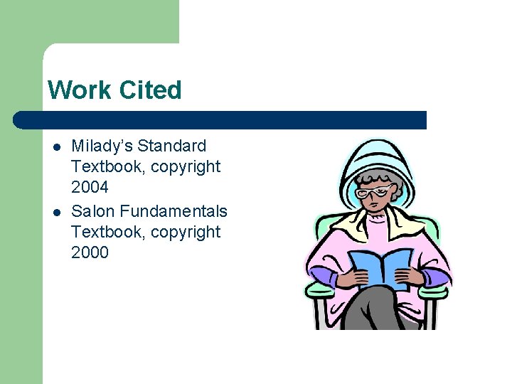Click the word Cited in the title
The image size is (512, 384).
[x=151, y=90]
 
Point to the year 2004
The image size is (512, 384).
[x=90, y=188]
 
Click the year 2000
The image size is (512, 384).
[x=90, y=252]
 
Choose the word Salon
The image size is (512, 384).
[x=93, y=211]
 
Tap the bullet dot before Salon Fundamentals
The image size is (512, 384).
[x=55, y=212]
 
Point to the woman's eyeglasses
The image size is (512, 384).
[x=375, y=191]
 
